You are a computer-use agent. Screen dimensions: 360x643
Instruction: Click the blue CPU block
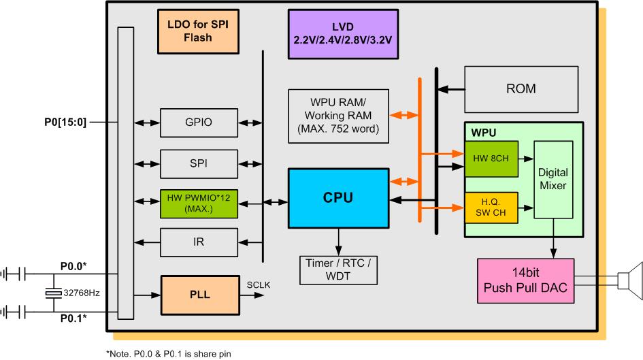pyautogui.click(x=337, y=198)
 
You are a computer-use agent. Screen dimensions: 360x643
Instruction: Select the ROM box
pyautogui.click(x=521, y=88)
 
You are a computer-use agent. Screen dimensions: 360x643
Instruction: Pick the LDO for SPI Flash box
pyautogui.click(x=198, y=31)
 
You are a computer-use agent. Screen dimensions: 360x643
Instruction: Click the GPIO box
pyautogui.click(x=198, y=123)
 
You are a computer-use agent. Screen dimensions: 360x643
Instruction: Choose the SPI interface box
pyautogui.click(x=198, y=164)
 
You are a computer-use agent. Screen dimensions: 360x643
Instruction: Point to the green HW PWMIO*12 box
pyautogui.click(x=198, y=202)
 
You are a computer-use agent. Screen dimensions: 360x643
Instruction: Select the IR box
pyautogui.click(x=198, y=242)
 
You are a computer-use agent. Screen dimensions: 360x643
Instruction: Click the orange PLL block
pyautogui.click(x=198, y=295)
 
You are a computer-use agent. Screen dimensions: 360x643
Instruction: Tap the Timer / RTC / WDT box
pyautogui.click(x=337, y=270)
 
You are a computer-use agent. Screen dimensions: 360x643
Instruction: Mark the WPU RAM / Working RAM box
pyautogui.click(x=337, y=116)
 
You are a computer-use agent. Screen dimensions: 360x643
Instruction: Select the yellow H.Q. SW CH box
pyautogui.click(x=491, y=207)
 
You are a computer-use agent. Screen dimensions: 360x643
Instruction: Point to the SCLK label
pyautogui.click(x=259, y=284)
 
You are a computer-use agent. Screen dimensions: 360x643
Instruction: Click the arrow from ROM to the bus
pyautogui.click(x=450, y=88)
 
